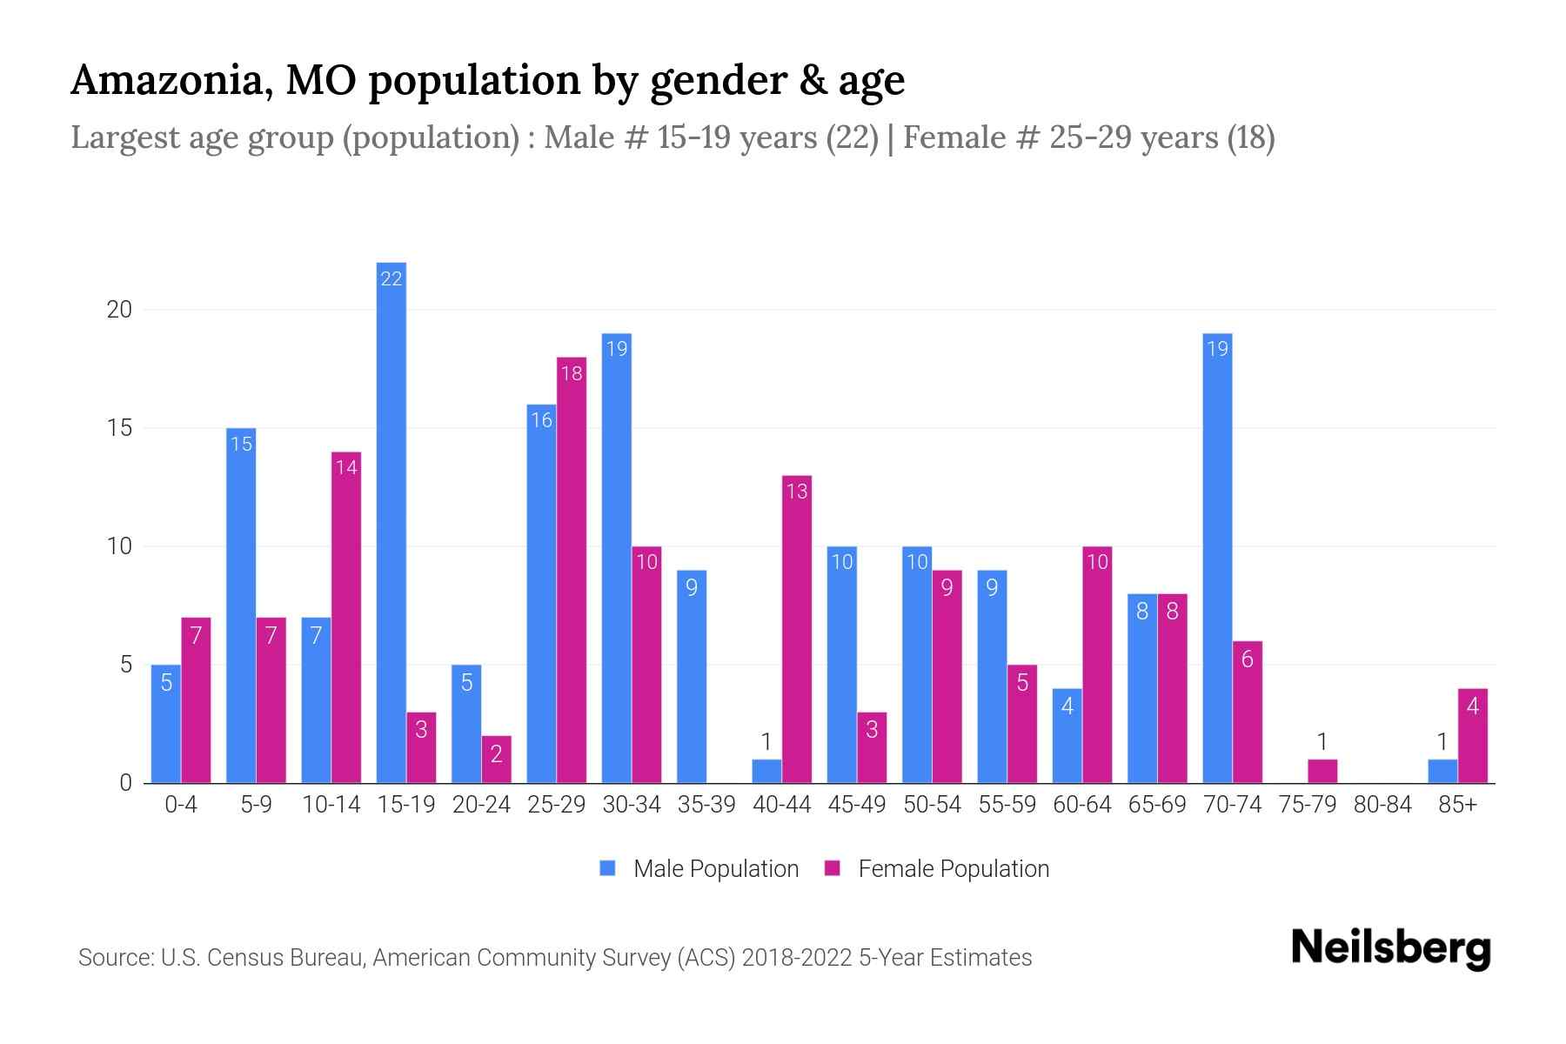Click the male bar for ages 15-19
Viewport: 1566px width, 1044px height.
tap(391, 522)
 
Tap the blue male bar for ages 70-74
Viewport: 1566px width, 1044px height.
tap(1217, 558)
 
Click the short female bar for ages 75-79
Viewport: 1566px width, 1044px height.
tap(1322, 771)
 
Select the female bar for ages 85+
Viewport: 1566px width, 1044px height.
tap(1473, 735)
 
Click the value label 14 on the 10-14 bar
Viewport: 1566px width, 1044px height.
tap(346, 468)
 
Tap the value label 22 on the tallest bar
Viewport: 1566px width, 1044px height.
tap(391, 279)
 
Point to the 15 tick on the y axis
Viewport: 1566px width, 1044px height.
tap(119, 428)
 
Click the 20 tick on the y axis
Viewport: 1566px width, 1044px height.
tap(119, 310)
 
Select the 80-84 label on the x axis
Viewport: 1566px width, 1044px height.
tap(1382, 805)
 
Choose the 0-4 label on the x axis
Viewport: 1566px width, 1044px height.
tap(181, 805)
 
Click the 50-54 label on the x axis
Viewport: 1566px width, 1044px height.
tap(932, 805)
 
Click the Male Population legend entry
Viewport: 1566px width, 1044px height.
tap(700, 868)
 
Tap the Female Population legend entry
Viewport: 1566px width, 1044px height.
tap(938, 868)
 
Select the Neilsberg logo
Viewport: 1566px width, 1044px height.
tap(1390, 947)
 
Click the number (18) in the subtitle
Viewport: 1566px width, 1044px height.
tap(1250, 137)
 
